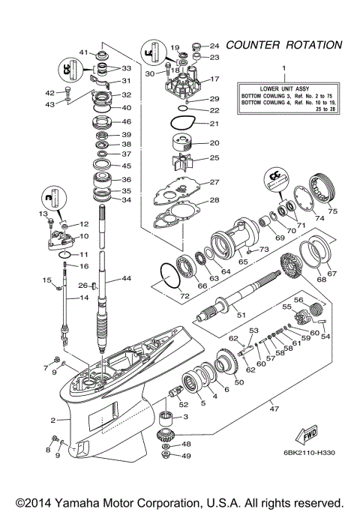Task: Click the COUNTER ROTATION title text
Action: click(285, 45)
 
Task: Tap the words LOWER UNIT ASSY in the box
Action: click(283, 88)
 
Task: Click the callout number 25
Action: click(214, 157)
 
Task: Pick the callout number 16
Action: click(84, 266)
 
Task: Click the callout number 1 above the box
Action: click(283, 69)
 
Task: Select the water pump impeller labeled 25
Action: click(180, 161)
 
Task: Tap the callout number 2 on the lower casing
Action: click(52, 421)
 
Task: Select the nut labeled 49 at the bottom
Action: click(166, 455)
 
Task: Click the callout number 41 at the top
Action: click(85, 52)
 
